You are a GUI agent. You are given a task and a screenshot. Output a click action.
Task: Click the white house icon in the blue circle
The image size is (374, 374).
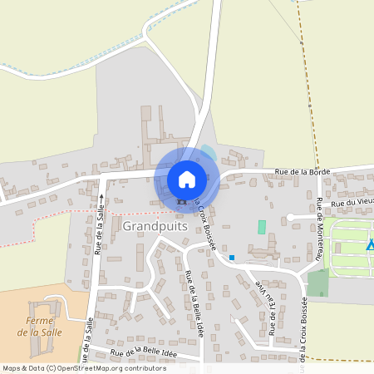click(x=186, y=179)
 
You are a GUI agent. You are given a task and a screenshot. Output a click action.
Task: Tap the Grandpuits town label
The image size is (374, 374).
click(x=151, y=225)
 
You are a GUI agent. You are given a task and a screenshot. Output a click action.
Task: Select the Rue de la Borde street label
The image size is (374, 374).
click(x=303, y=171)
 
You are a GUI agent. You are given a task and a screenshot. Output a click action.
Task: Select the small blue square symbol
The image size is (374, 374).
click(x=232, y=257)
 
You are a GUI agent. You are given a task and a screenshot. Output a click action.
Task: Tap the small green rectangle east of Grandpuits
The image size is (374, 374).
click(x=262, y=227)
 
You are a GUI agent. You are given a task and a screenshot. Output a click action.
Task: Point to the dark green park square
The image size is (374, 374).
click(x=317, y=283)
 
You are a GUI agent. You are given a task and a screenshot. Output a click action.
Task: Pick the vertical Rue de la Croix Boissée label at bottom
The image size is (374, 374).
click(x=304, y=328)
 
